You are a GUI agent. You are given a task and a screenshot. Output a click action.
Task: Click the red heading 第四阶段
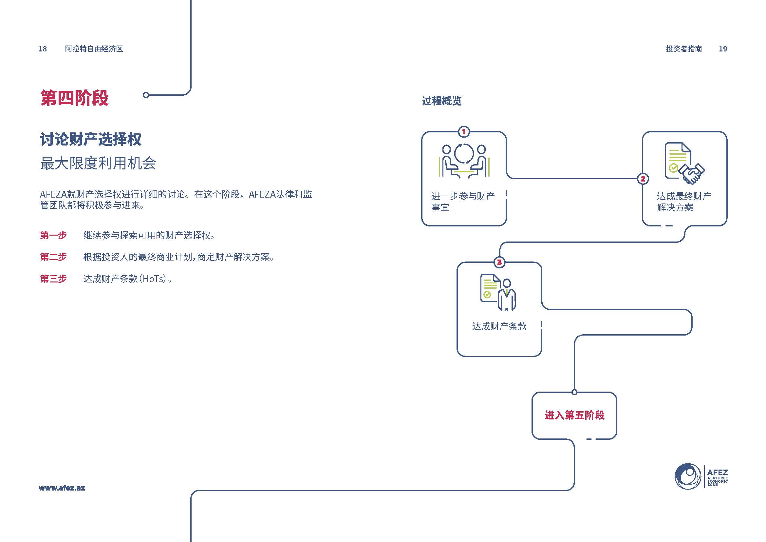(74, 98)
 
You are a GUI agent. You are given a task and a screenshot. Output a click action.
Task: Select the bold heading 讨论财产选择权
(91, 139)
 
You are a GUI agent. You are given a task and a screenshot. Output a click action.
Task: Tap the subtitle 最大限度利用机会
(98, 163)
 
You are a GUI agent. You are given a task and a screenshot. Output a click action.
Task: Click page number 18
(43, 49)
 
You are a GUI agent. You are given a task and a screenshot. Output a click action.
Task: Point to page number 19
(723, 49)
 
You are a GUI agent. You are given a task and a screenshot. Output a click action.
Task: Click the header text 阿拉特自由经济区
(94, 49)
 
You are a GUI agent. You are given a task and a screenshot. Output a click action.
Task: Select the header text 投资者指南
(684, 49)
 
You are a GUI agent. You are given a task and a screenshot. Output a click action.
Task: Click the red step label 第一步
(53, 235)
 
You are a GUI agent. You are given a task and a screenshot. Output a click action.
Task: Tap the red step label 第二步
(53, 257)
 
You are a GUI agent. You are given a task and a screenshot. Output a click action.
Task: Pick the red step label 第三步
(53, 279)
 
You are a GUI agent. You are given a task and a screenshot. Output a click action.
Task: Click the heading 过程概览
(442, 101)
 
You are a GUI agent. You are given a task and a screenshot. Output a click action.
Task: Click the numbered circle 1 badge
(464, 132)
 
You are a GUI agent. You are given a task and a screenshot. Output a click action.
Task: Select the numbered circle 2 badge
(643, 179)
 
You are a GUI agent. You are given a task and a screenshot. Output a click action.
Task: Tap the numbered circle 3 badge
(499, 262)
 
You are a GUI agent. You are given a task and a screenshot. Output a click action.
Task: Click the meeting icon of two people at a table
(464, 161)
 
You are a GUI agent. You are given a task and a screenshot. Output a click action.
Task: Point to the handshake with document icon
(684, 163)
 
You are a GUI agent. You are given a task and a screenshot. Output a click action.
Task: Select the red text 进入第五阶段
(574, 415)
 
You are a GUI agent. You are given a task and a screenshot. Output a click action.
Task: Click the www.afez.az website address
(62, 488)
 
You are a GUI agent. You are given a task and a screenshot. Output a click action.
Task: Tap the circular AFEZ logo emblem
(688, 476)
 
